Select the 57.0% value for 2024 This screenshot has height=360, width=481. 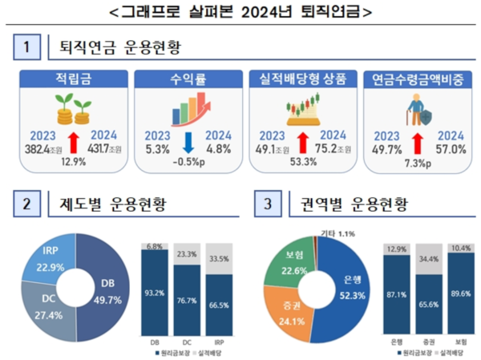tap(451, 149)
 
